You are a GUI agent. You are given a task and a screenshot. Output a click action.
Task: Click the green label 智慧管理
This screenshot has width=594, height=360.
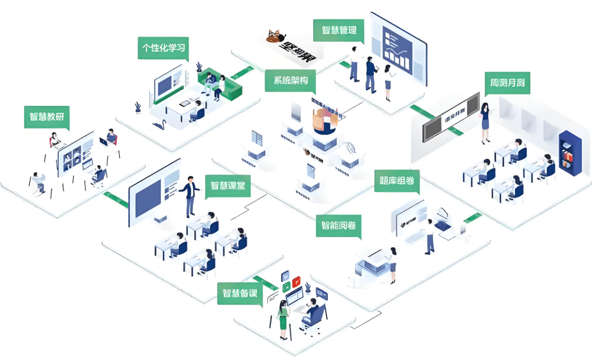coord(339,30)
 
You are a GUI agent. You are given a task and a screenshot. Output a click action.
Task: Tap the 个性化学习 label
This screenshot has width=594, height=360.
coord(163,48)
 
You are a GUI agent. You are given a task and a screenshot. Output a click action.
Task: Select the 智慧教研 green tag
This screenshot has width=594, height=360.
coord(46,117)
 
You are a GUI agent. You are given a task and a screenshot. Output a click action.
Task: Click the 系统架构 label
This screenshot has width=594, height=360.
coord(290,80)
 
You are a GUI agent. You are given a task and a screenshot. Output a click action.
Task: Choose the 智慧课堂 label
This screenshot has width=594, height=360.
coord(227,185)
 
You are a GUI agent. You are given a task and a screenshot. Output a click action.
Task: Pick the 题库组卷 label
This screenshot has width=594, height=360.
coord(396,180)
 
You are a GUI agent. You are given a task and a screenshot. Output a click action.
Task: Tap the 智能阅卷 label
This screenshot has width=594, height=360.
coord(338,225)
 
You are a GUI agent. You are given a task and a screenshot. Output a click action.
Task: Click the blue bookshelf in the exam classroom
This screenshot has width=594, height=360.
coord(570,153)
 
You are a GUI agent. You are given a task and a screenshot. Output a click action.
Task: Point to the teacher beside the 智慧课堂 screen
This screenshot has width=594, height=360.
coord(190,196)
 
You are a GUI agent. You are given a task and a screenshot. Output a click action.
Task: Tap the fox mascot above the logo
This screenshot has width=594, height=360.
coord(276,36)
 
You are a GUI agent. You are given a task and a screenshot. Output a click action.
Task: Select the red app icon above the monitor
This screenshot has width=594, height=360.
coord(296,282)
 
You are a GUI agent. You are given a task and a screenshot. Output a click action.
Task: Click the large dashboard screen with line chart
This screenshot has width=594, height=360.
coord(398,46)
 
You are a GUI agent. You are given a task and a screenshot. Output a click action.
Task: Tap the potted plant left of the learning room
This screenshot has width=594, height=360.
coord(138,107)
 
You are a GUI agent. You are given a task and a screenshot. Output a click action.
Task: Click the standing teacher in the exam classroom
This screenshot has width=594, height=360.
coord(485,122)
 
